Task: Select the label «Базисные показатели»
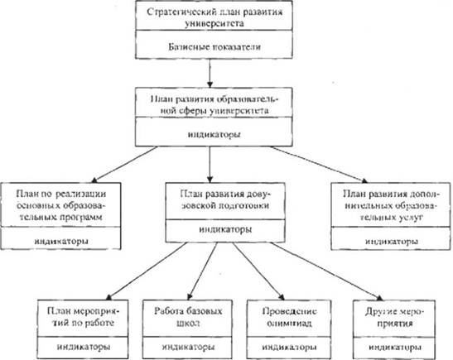click(214, 47)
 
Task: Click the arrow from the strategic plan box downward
click(210, 74)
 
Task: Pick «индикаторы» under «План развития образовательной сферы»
click(214, 135)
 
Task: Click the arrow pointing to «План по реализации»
click(124, 165)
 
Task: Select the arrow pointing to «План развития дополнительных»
click(319, 165)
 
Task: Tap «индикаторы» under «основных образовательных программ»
click(61, 241)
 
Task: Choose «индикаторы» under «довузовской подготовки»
click(225, 229)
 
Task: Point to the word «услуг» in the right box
click(407, 217)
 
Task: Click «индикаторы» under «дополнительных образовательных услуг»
click(392, 241)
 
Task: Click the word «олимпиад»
click(289, 323)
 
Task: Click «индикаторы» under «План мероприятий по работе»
click(84, 347)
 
